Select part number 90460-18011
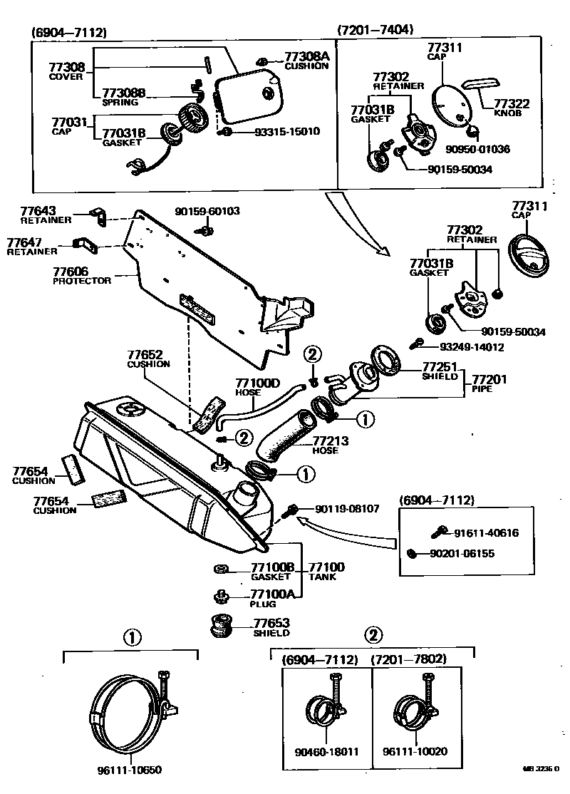click(326, 752)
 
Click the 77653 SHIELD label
click(272, 627)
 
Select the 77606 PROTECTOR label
click(82, 275)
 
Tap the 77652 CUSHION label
click(148, 358)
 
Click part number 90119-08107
click(348, 509)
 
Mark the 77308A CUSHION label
click(306, 60)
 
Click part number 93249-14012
click(472, 347)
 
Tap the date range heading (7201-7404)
click(375, 30)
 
